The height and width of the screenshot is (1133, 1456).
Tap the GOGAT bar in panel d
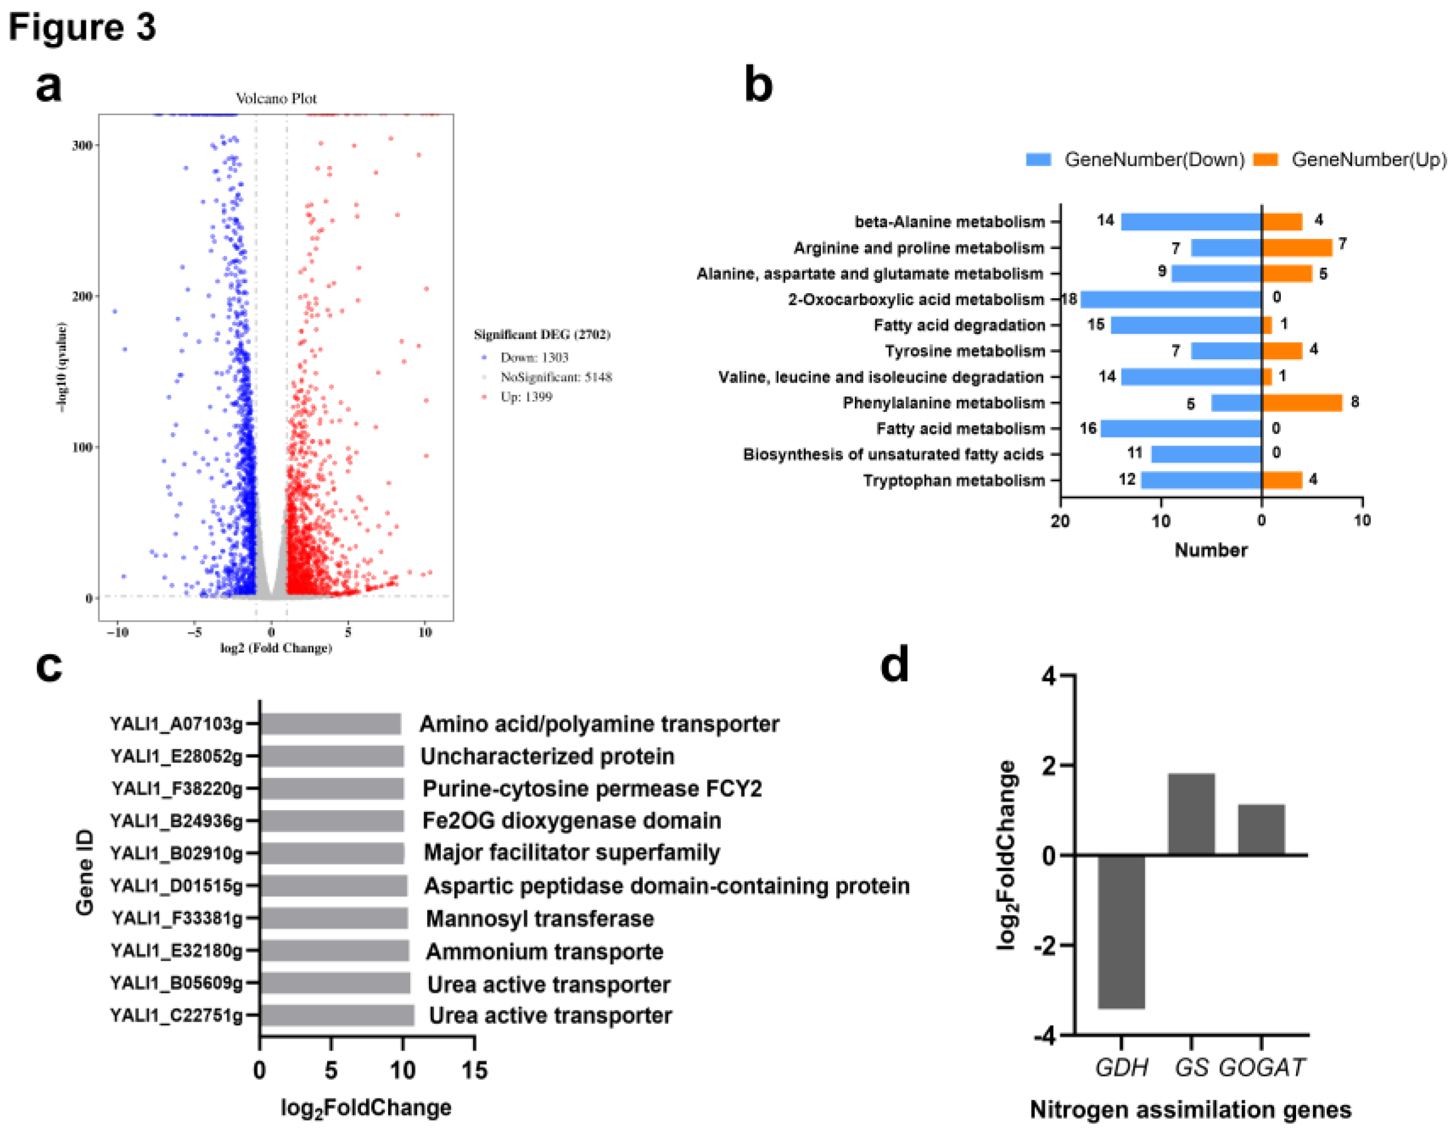click(1261, 829)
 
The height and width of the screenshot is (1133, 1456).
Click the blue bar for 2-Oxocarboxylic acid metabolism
click(1171, 299)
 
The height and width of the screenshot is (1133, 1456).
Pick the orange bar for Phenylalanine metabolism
click(1301, 403)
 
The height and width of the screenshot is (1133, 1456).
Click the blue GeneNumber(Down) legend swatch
click(1038, 160)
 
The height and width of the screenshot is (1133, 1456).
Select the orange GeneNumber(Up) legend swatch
click(1266, 160)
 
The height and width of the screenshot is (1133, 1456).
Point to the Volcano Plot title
click(276, 99)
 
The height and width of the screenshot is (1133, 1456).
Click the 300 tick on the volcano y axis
click(82, 145)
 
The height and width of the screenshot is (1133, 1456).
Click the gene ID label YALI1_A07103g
click(176, 724)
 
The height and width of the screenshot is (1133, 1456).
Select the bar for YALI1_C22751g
click(337, 1015)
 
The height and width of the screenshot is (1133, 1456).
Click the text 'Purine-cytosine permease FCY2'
click(592, 788)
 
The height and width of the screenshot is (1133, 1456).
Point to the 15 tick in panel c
click(474, 1070)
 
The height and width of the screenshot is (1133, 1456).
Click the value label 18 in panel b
click(1070, 299)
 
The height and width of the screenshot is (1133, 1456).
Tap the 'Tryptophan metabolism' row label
click(953, 481)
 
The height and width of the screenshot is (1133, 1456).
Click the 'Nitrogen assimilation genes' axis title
click(1190, 1109)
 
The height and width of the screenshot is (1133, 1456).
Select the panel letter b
click(759, 85)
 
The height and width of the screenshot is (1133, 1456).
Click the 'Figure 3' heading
click(82, 27)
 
